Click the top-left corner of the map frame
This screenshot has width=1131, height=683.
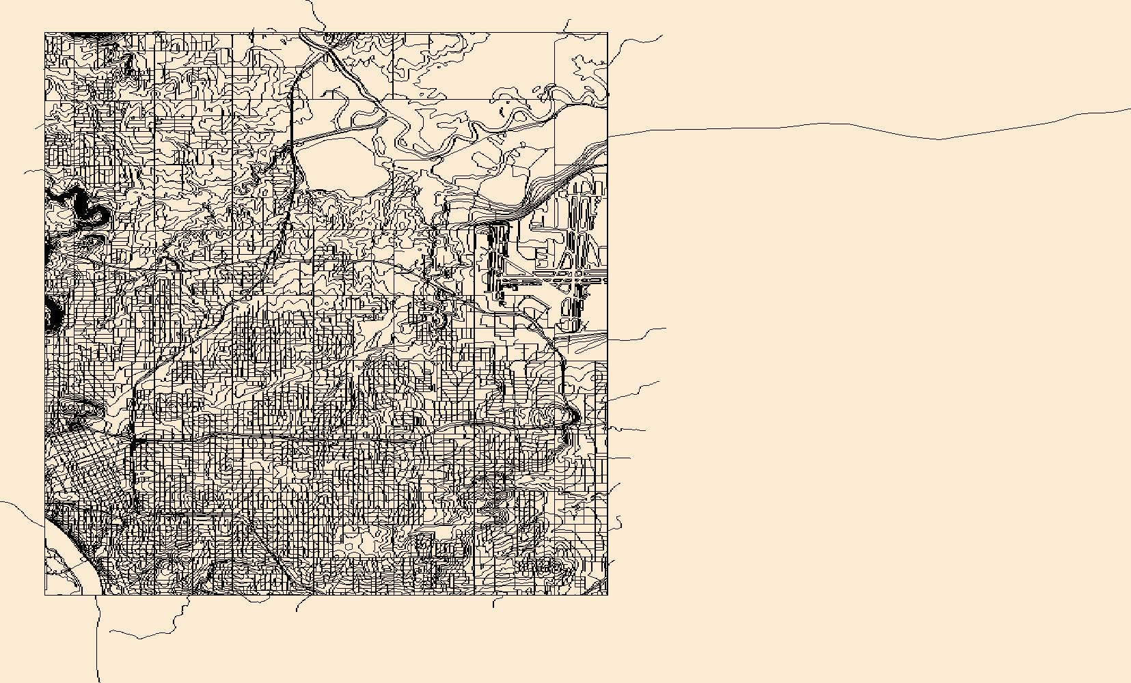[45, 32]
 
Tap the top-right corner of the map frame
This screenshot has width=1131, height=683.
[608, 32]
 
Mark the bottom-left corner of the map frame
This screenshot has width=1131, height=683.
[45, 595]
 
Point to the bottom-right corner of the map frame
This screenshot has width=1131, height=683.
[608, 595]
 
